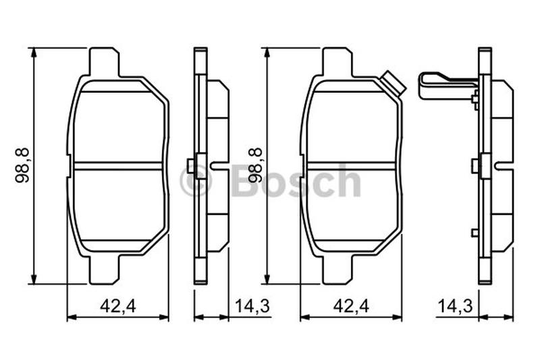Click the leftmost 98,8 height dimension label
click(23, 165)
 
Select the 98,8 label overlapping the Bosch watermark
click(255, 165)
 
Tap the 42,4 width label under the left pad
click(118, 306)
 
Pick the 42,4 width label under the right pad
click(351, 306)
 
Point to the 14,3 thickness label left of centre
click(252, 306)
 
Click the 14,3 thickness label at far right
click(455, 306)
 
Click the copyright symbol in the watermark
click(195, 181)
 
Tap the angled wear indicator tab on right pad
click(393, 83)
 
